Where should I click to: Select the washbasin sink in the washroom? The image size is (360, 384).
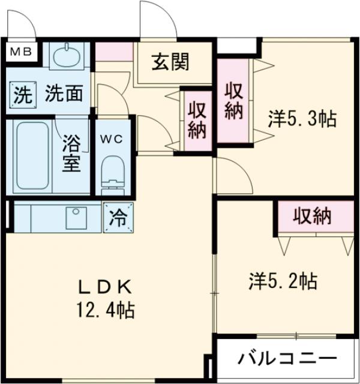66,57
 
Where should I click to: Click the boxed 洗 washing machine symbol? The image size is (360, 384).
21,95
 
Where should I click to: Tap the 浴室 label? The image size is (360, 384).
71,154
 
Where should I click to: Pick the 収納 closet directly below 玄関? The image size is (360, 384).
196,121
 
